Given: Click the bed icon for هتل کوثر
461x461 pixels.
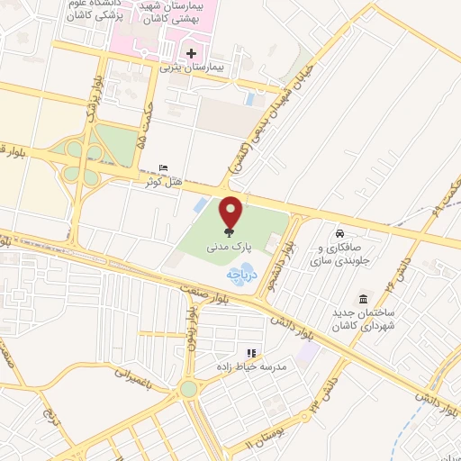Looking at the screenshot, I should pos(162,168).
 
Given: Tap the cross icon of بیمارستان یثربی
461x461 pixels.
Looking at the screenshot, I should pos(190,52).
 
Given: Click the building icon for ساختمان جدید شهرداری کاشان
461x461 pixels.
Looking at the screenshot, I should pos(362,298).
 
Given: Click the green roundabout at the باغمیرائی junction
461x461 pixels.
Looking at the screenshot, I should pos(188,389).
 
